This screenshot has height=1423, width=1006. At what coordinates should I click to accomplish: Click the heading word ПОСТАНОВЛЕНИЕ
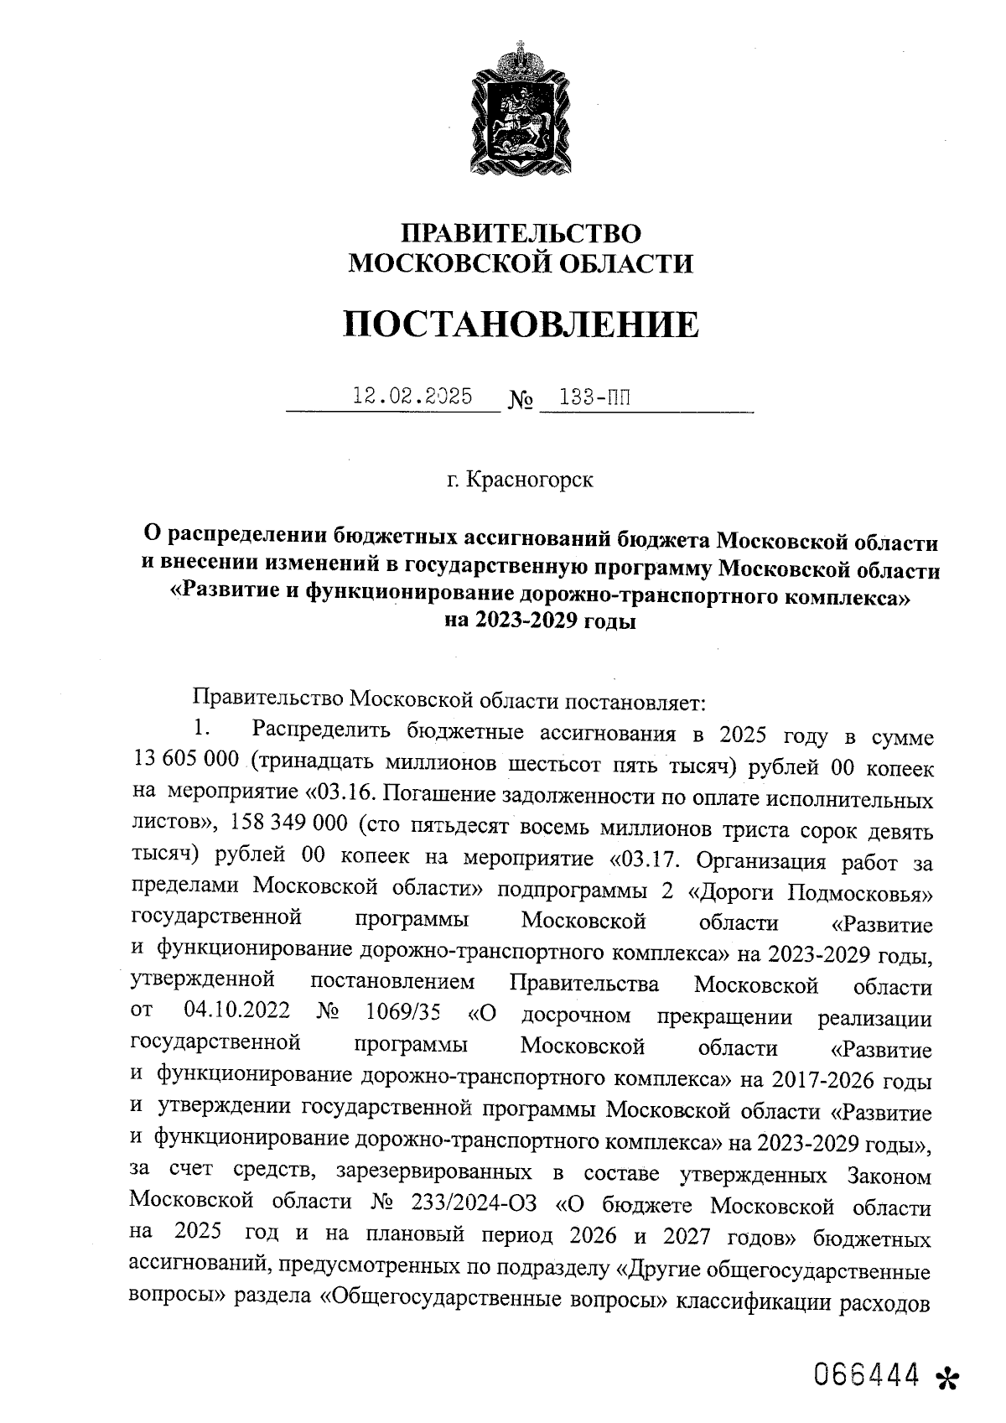pos(521,324)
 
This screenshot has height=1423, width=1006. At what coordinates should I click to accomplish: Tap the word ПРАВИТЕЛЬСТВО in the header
pos(521,234)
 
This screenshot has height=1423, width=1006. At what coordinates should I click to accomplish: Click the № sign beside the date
pos(520,400)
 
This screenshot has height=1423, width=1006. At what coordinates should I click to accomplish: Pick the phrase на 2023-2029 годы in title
pos(540,621)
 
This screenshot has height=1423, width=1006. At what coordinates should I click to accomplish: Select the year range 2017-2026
pos(801,1080)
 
